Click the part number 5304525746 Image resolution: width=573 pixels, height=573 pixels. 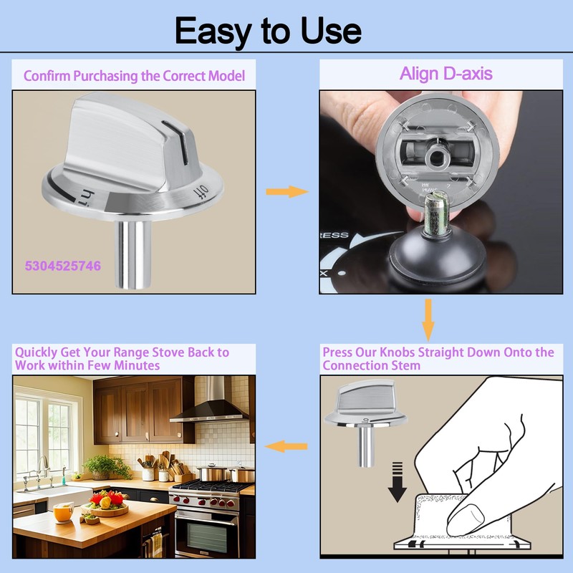[63, 266]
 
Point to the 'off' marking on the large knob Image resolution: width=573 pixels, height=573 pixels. [199, 191]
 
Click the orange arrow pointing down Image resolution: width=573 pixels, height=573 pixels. [428, 319]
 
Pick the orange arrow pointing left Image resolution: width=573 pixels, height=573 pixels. [286, 447]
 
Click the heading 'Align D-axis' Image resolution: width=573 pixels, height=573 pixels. [446, 74]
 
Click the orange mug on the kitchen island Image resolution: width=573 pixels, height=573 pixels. [63, 511]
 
